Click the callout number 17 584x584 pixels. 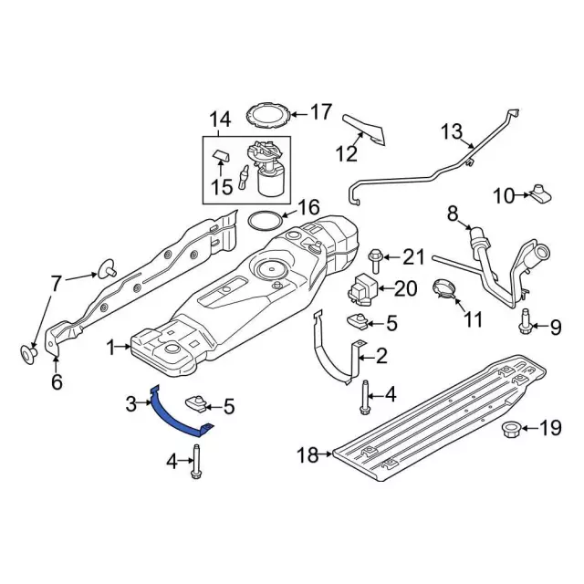[321, 112]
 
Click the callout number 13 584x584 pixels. [453, 132]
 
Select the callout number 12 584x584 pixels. [346, 153]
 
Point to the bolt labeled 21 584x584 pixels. [376, 256]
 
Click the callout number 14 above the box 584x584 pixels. [220, 120]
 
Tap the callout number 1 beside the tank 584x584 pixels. [114, 348]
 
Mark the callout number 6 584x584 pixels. [57, 382]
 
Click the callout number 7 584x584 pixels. [57, 283]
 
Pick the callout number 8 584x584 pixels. [452, 214]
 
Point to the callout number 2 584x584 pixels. [381, 355]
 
